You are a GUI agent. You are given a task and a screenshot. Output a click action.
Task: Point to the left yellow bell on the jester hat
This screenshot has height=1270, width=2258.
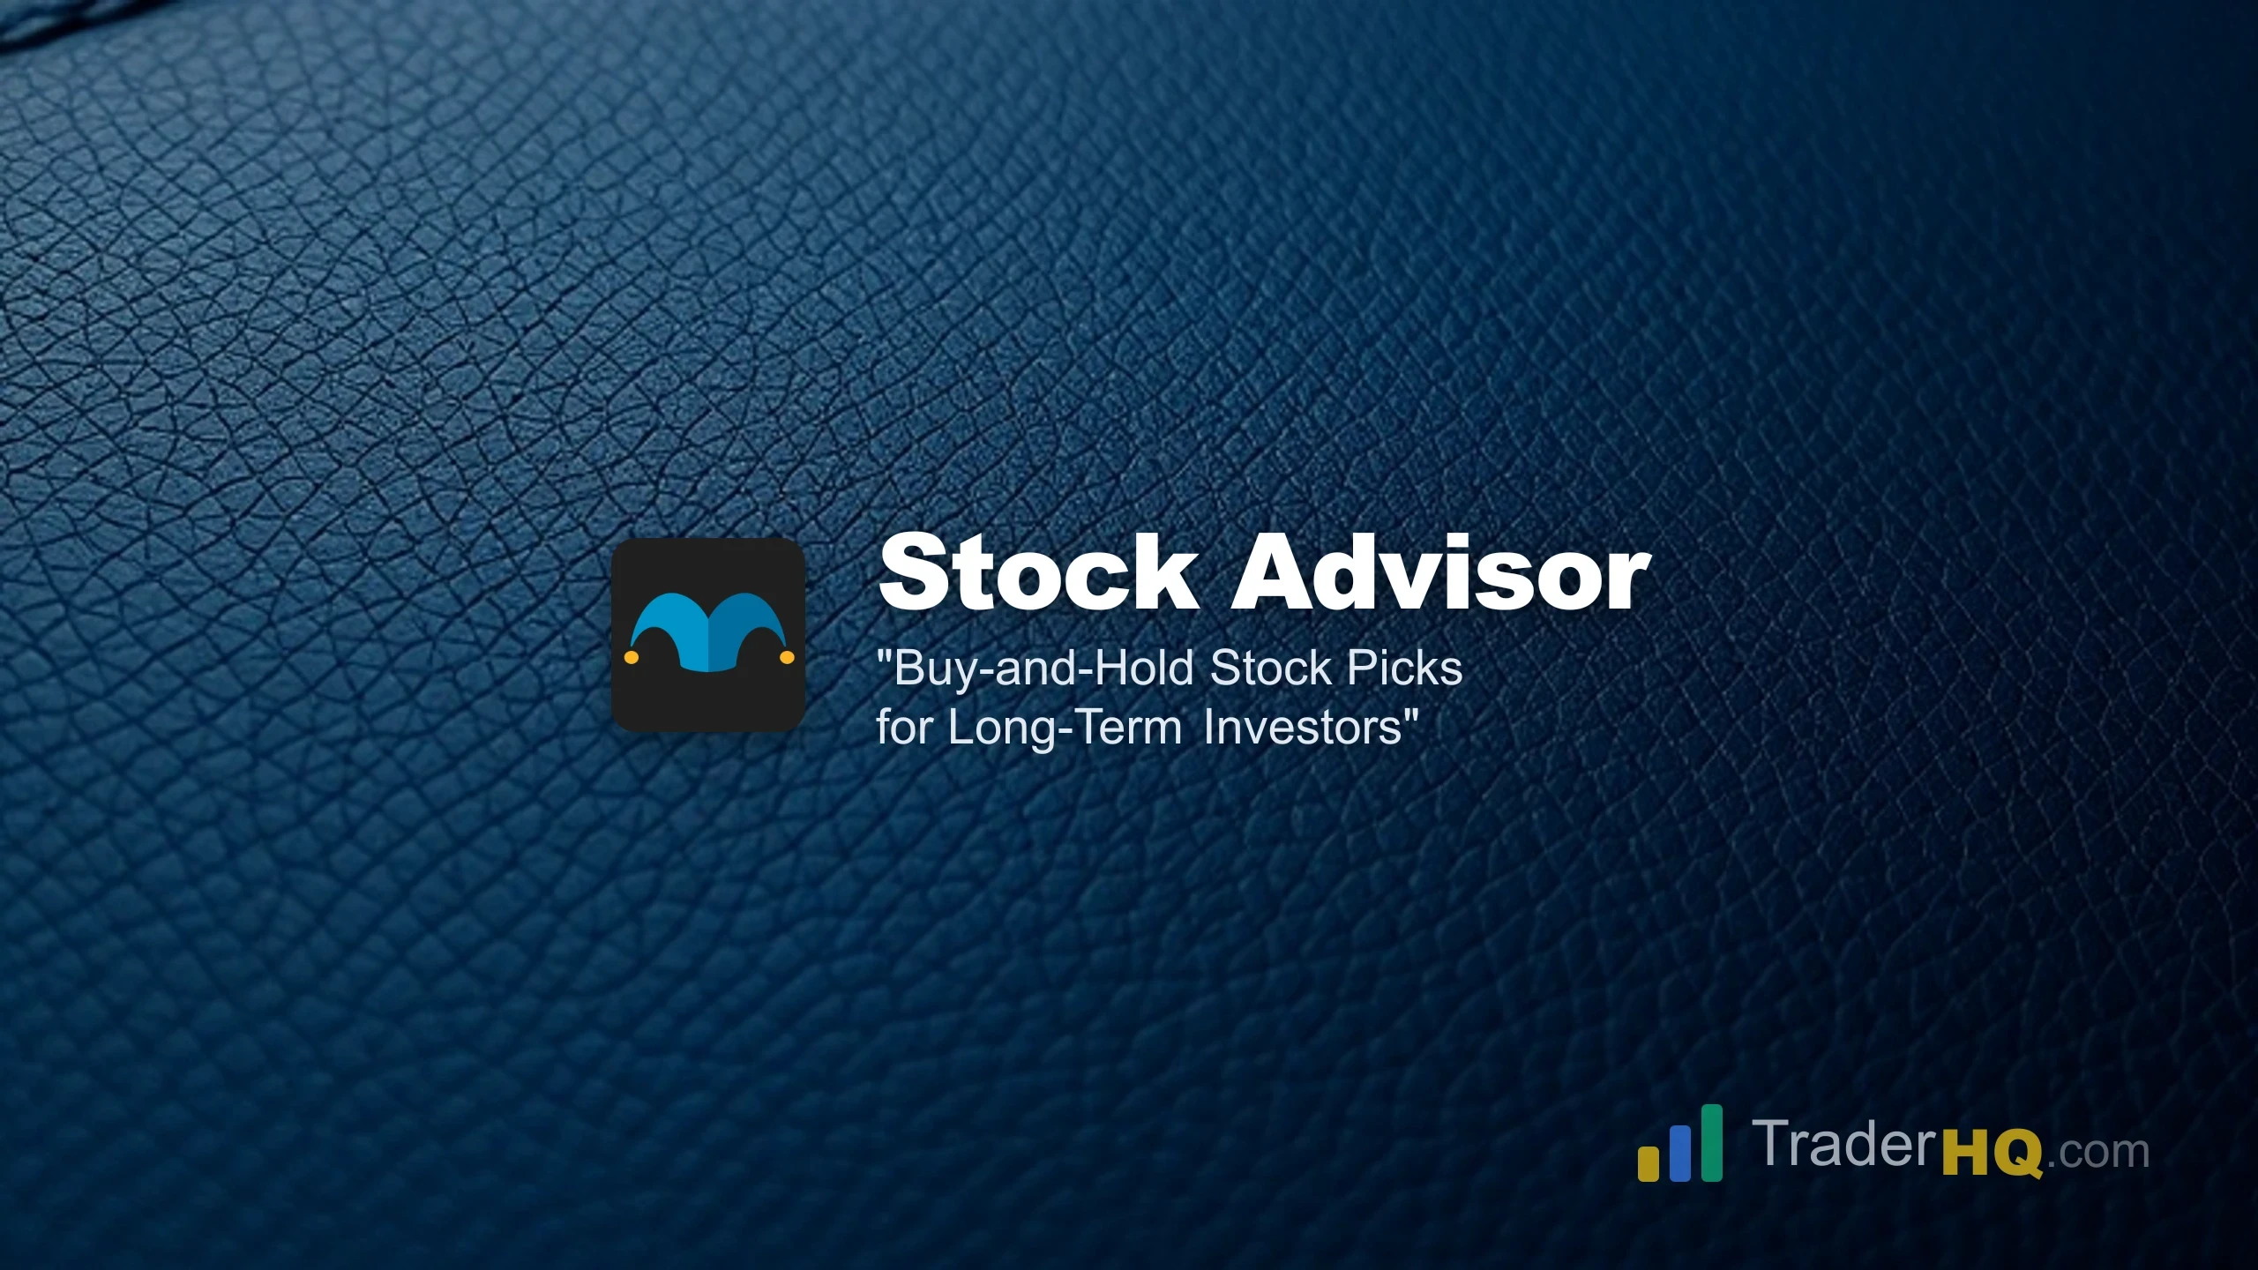[x=632, y=657]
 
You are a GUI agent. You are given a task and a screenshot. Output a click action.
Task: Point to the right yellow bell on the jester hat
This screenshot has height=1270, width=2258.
[x=787, y=657]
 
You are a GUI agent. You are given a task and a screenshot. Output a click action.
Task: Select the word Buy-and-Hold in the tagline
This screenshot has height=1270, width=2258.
[x=1043, y=669]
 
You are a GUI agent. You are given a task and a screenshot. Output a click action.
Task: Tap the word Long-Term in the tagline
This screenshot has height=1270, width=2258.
[x=1065, y=728]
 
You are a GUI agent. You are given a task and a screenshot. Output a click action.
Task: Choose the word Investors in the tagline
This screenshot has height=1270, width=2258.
[x=1303, y=728]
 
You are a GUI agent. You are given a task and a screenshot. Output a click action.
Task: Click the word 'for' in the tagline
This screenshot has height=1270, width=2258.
[x=903, y=728]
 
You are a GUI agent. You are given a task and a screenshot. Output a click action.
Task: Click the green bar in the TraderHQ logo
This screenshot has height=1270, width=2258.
[x=1712, y=1142]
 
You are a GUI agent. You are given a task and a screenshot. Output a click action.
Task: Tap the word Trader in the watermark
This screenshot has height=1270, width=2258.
[x=1846, y=1144]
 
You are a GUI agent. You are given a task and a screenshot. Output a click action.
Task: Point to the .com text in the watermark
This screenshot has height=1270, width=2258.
[x=2098, y=1152]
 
